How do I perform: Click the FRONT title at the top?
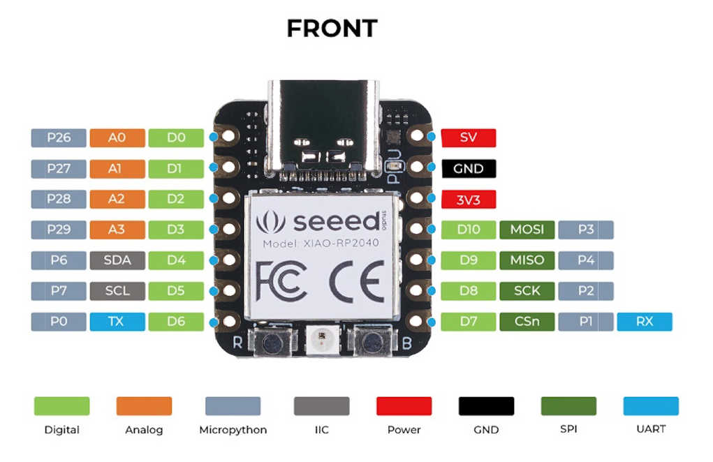332,28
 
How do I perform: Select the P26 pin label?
59,137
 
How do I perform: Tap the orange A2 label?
117,199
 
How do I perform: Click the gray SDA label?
117,260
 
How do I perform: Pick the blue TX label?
117,322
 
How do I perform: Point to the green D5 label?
175,291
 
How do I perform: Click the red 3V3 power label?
468,199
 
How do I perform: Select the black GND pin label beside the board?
468,168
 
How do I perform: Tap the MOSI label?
527,230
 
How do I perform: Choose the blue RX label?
644,322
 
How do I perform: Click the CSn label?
527,322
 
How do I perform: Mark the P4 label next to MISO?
585,260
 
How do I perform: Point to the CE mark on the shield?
356,280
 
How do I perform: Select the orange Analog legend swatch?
143,406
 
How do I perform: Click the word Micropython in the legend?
233,430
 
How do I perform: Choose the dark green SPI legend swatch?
568,406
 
